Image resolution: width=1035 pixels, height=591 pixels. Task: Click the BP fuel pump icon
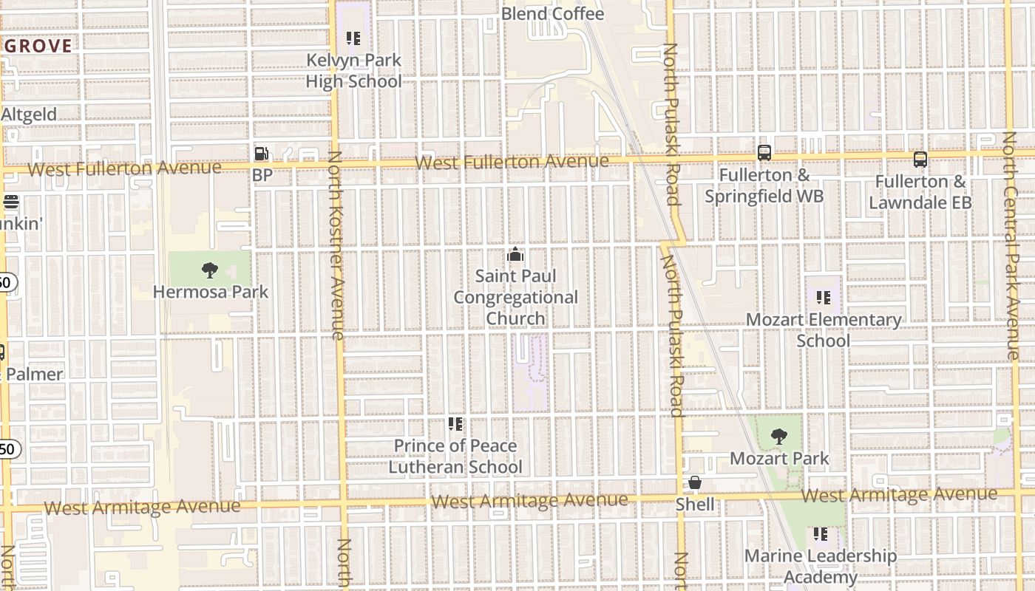[261, 154]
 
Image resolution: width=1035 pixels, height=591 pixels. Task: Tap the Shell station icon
[695, 483]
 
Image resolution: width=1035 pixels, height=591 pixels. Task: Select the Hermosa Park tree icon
[210, 270]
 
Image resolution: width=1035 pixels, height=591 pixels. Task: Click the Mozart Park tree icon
[778, 437]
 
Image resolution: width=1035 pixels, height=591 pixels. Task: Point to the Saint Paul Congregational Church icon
[515, 255]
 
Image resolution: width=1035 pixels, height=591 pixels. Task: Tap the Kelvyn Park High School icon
[353, 38]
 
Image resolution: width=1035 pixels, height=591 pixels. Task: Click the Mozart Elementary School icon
[823, 298]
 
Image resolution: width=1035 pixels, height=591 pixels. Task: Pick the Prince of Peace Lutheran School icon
[455, 424]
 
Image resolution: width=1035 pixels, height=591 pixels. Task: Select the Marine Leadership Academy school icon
[820, 533]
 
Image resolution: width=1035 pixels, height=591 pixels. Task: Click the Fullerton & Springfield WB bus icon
[764, 154]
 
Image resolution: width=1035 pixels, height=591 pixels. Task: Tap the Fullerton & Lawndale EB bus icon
[920, 160]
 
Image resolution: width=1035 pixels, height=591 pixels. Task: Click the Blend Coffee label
[553, 13]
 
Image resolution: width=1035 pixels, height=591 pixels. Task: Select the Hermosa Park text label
[211, 292]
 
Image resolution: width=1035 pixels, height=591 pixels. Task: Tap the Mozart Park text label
[779, 458]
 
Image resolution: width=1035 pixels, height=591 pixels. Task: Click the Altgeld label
[29, 115]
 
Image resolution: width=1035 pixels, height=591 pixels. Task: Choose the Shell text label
[695, 505]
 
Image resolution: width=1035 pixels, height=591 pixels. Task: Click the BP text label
[262, 175]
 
